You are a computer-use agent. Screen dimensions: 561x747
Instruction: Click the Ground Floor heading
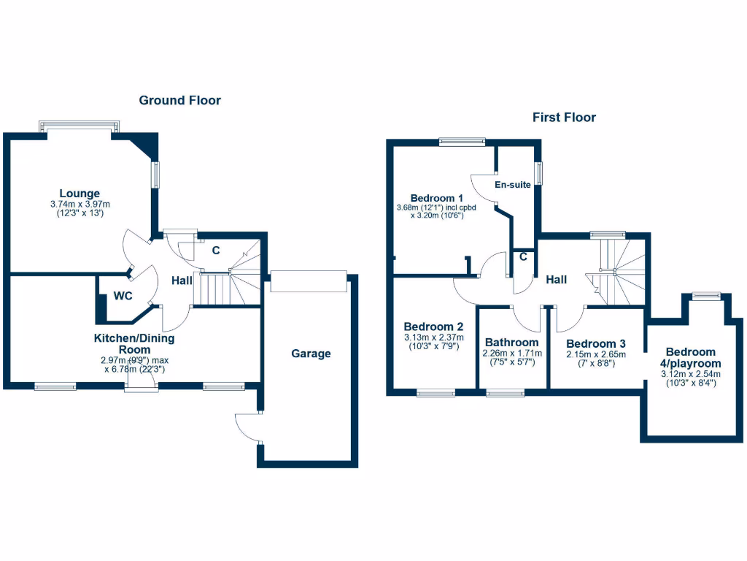click(x=179, y=100)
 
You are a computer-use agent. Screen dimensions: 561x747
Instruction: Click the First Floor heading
click(x=564, y=117)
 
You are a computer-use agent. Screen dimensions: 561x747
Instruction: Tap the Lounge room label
click(x=80, y=194)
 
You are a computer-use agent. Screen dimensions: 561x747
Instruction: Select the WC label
click(x=122, y=297)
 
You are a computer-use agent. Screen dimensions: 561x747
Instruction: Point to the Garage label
click(x=311, y=354)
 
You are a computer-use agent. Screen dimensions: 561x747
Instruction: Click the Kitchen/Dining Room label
click(x=133, y=343)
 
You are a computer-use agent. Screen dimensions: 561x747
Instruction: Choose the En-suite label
click(x=513, y=185)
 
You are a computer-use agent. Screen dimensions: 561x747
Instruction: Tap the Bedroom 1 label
click(x=437, y=197)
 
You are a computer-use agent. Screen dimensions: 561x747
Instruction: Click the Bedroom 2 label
click(x=434, y=327)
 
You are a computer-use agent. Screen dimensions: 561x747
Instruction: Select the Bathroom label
click(x=512, y=342)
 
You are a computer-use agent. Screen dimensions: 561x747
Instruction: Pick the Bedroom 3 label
click(x=596, y=343)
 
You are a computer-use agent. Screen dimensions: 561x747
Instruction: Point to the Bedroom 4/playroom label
click(x=691, y=357)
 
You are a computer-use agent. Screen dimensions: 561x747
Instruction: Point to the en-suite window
click(x=539, y=174)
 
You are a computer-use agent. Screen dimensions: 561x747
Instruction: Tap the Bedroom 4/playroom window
click(x=705, y=296)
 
